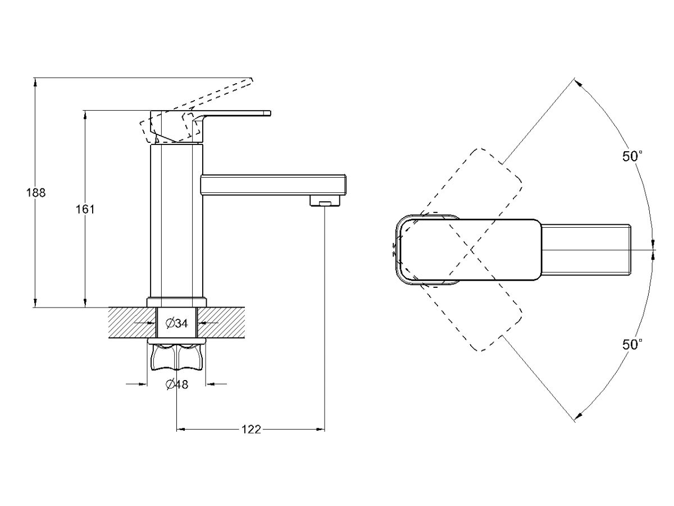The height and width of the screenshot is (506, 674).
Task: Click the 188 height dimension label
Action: (x=35, y=192)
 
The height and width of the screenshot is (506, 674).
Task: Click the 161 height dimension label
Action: (x=85, y=209)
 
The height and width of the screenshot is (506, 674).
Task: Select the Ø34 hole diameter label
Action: (x=176, y=323)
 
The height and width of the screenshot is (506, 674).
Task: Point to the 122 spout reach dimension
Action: (x=251, y=430)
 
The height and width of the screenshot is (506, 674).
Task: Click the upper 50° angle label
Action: (x=632, y=157)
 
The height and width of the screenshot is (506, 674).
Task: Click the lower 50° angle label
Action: (x=632, y=345)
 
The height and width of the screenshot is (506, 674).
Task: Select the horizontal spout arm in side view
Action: (x=273, y=185)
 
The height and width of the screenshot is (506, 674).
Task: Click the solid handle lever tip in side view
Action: (x=264, y=114)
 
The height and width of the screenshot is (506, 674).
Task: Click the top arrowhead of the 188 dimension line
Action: (x=35, y=82)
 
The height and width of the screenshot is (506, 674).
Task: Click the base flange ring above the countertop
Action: (x=176, y=302)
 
